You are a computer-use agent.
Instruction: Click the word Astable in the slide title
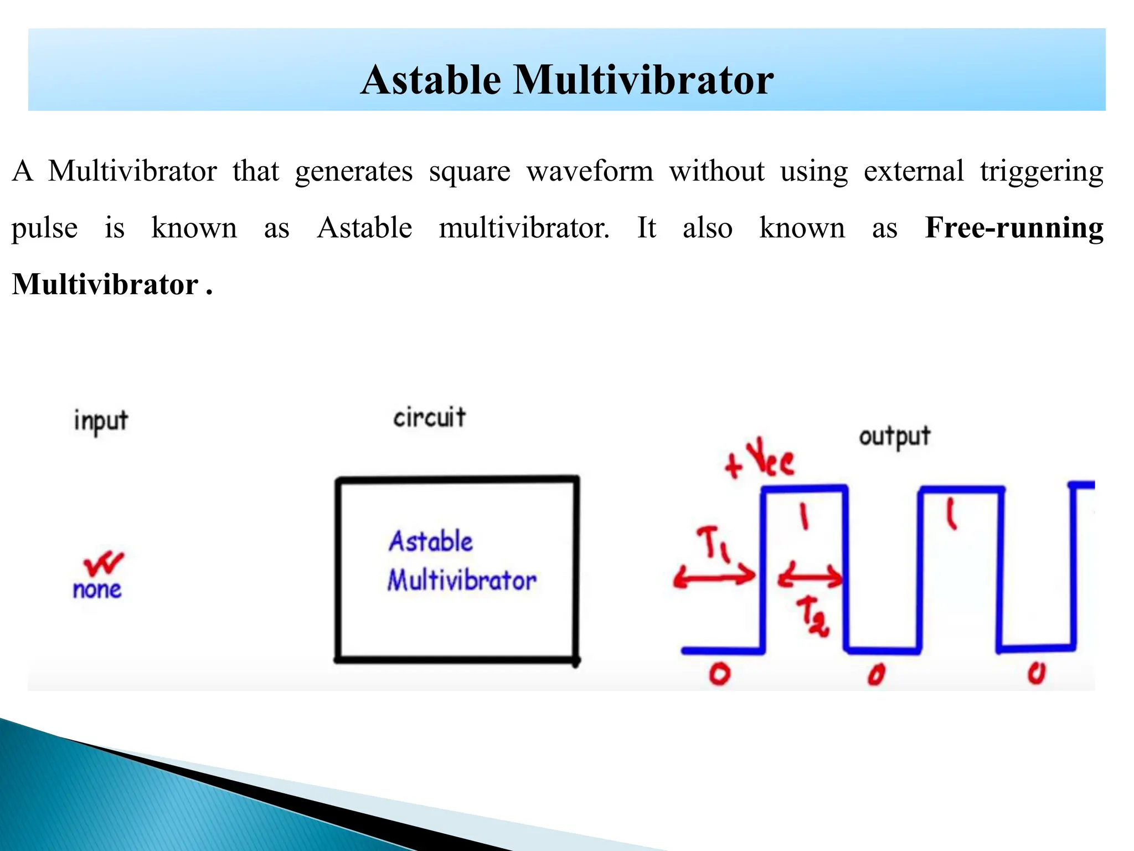tap(431, 80)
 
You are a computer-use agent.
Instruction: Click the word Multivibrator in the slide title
tap(643, 80)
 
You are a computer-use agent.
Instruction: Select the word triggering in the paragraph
tap(1041, 172)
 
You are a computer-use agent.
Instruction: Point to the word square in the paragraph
tap(469, 172)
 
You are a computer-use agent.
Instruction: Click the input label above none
tap(101, 421)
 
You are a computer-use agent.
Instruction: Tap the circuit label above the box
tap(429, 418)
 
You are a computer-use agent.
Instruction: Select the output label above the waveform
tap(894, 437)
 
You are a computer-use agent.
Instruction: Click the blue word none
tap(97, 589)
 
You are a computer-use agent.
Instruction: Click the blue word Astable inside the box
tap(431, 541)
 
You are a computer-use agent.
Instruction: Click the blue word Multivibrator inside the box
tap(462, 581)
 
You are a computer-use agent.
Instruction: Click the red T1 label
tap(714, 544)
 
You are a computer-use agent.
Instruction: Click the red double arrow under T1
tap(714, 577)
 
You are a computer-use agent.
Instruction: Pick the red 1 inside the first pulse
tap(804, 516)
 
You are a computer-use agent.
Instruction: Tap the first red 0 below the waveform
tap(720, 674)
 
